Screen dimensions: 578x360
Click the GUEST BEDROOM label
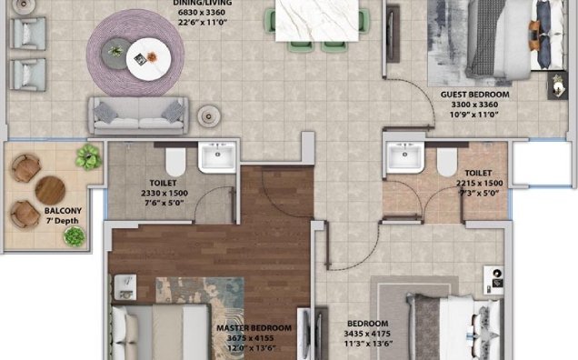click(x=474, y=95)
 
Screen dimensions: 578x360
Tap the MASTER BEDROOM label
click(x=254, y=328)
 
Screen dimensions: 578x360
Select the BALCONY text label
click(x=63, y=211)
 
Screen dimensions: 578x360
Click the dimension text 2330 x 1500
click(x=164, y=193)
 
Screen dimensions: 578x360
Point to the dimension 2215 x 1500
click(x=479, y=184)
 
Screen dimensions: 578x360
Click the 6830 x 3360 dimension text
click(x=201, y=12)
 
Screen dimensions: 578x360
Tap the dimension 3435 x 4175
click(x=367, y=334)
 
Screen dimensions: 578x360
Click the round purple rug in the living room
click(x=135, y=53)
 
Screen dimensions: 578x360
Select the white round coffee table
click(x=148, y=59)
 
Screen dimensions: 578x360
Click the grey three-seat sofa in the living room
click(x=139, y=115)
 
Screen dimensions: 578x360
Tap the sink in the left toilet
click(x=217, y=157)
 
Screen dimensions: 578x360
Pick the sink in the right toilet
click(x=405, y=157)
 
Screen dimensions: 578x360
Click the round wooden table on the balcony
click(x=51, y=190)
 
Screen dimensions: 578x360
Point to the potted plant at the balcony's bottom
click(x=75, y=236)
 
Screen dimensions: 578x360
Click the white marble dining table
click(x=317, y=20)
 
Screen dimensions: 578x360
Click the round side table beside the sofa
click(x=209, y=116)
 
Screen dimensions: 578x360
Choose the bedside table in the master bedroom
click(x=125, y=287)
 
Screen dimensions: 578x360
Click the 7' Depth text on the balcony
click(x=63, y=221)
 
